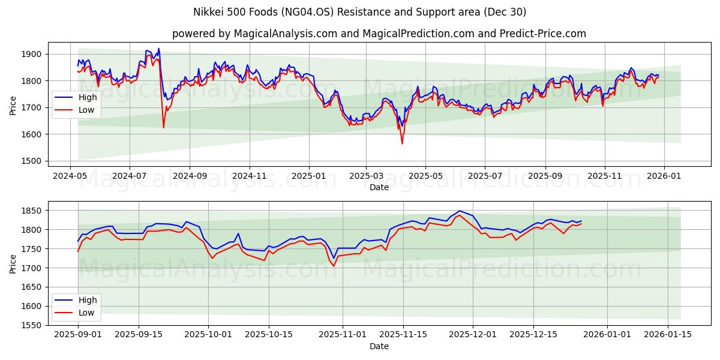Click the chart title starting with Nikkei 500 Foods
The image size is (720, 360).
pos(360,12)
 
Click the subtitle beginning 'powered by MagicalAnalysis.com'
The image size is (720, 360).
pos(379,34)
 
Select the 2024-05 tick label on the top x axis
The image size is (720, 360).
pos(71,176)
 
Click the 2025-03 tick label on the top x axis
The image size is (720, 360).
pos(366,176)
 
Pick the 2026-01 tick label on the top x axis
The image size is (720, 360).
pos(664,176)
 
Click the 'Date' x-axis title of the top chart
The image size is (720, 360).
pos(379,187)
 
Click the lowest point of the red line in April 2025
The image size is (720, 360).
pos(402,143)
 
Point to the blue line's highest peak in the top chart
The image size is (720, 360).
pos(158,49)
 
